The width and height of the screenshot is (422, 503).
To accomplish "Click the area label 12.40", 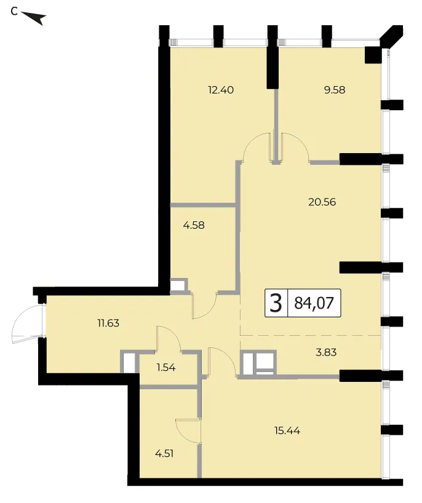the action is pos(221,90).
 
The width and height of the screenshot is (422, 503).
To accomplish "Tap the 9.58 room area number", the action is pos(335,90).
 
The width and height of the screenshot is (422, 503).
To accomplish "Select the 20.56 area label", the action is pos(322,202).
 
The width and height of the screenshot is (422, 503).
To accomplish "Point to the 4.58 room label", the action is pos(194,225).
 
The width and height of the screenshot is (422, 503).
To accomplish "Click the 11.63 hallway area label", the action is pos(108,323).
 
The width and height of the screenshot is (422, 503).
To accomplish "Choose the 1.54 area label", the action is pos(166,367).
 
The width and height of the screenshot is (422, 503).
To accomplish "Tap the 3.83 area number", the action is pos(326,352).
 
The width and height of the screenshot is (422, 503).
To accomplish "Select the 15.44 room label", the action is pos(287,430).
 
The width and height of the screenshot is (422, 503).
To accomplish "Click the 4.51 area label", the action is pos(164,454).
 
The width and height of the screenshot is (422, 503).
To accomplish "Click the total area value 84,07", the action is pos(314,303).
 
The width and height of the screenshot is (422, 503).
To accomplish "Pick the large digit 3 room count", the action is pos(276,303).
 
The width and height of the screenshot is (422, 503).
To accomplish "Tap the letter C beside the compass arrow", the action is pos(14,11).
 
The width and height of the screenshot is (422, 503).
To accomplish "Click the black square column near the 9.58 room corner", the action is pos(373,55).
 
